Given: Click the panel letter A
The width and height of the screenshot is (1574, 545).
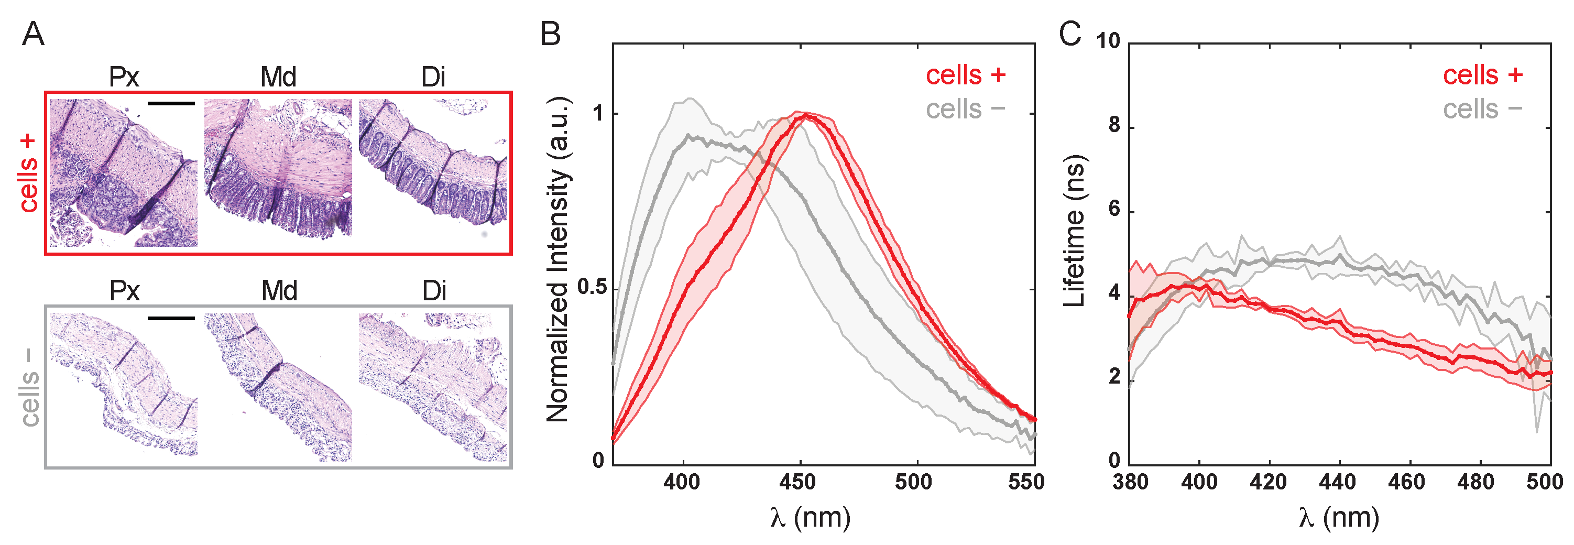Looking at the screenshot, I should pos(33,34).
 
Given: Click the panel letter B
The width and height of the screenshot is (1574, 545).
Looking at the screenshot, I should pos(550,34).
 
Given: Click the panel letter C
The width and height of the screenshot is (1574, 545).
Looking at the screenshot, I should pos(1070,34).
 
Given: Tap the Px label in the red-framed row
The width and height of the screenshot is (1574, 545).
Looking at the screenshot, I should pos(124,78).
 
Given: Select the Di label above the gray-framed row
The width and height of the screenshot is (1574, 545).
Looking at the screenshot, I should pos(434,291).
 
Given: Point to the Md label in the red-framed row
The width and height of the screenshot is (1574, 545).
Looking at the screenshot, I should pos(278,78).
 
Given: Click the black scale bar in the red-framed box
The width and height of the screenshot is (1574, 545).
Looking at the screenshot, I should pos(171,103).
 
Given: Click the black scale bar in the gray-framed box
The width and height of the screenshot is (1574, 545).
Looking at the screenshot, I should pos(171,318).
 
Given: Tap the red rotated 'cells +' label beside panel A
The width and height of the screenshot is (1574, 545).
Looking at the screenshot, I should pos(28,173).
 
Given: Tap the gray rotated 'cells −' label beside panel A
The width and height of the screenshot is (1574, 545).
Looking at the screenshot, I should pos(28,388).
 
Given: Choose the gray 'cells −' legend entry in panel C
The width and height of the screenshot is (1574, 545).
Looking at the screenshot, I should pos(1482,110).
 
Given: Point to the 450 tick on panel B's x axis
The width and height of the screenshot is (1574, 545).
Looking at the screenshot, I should pos(798,482).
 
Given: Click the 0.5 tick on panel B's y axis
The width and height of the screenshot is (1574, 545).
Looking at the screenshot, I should pos(591,288).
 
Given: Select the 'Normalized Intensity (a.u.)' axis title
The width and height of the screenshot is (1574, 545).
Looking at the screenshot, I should pos(558,260).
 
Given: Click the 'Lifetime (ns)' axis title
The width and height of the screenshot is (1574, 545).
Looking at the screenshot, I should pos(1074,231).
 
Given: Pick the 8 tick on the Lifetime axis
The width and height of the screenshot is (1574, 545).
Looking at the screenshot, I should pos(1114,125).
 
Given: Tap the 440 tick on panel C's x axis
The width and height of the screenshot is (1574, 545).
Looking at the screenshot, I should pos(1338,482).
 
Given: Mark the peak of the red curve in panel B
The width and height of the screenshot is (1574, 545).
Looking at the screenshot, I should pos(807,115).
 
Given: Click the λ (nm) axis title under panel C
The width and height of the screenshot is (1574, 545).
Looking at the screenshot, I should pos(1339,518).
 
